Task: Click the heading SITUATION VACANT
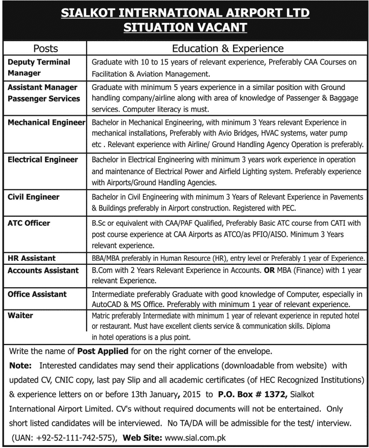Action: point(184,27)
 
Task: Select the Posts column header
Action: point(46,49)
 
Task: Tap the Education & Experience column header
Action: point(228,49)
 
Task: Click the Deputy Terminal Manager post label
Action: point(39,67)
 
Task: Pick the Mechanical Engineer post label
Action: point(46,122)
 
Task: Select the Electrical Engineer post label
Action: point(43,160)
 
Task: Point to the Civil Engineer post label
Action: point(33,197)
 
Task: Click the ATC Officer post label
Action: point(29,222)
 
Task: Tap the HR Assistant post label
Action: point(31,258)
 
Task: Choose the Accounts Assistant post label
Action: point(43,270)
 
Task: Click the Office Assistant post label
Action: point(37,294)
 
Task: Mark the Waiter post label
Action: point(20,316)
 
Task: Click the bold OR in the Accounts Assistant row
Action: point(269,270)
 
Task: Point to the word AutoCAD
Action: point(107,305)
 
